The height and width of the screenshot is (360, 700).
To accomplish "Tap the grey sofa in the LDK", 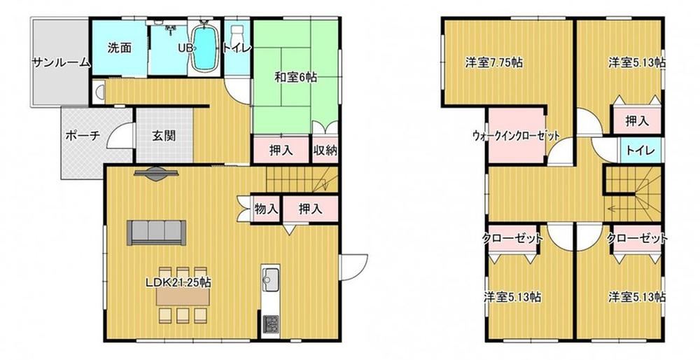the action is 156,233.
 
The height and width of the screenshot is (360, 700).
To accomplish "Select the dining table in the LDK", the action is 183,296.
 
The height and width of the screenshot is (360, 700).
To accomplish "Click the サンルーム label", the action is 61,62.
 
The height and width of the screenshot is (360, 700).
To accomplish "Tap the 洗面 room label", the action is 119,48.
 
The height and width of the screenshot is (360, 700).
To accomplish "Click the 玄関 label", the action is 164,136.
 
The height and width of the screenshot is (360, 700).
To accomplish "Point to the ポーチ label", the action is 83,135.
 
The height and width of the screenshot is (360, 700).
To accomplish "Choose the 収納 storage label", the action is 325,151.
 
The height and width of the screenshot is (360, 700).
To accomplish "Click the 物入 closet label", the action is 267,209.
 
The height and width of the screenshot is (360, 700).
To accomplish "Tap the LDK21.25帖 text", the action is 178,282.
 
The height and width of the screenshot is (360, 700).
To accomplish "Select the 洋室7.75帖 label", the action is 493,62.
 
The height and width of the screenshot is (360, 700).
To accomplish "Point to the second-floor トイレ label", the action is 640,151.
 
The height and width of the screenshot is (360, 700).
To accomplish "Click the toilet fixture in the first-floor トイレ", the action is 236,35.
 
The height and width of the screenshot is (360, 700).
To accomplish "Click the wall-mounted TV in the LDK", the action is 156,174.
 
